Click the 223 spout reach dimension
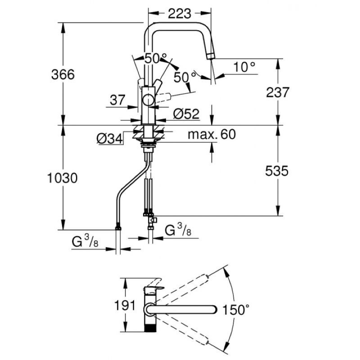(179, 14)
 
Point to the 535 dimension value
(274, 171)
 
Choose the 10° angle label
(245, 67)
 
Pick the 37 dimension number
(117, 100)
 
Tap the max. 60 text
(212, 134)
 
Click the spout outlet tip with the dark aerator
(211, 55)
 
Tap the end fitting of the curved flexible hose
(118, 228)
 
